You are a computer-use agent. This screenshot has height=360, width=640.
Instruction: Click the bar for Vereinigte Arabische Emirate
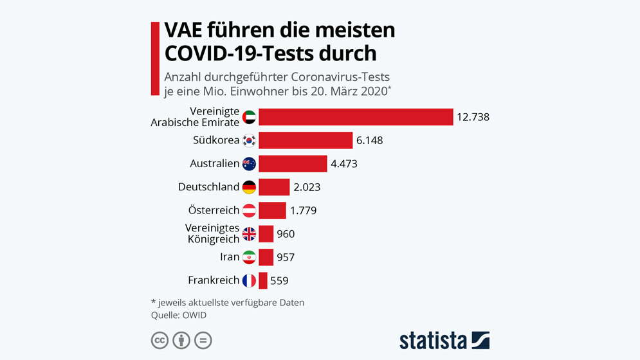pos(356,117)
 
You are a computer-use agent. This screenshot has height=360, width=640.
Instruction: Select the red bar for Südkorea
pos(306,140)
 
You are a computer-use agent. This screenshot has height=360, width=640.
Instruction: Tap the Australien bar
pos(293,164)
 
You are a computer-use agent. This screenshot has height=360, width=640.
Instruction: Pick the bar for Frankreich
pos(262,280)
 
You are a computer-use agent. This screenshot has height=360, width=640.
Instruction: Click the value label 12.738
pos(473,117)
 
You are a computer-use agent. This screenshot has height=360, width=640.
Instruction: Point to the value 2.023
pos(307,187)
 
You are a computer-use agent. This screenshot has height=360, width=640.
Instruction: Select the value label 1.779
pos(303,210)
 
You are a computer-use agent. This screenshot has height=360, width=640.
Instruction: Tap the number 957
pos(286,257)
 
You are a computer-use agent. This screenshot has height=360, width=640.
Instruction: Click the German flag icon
pos(249,187)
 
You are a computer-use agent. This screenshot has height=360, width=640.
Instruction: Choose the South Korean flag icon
pos(249,140)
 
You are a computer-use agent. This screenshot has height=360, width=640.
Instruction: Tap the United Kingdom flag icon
pos(249,234)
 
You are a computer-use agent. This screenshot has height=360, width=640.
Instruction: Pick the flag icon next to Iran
pos(249,257)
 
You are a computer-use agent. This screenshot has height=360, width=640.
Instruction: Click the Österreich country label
pos(214,210)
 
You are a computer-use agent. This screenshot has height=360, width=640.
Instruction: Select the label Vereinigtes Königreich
pos(212,234)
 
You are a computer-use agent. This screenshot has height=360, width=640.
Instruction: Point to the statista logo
pos(444,340)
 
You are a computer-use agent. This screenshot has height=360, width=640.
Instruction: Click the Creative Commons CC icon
pos(160,340)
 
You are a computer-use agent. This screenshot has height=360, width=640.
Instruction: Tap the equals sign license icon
pos(203,340)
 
